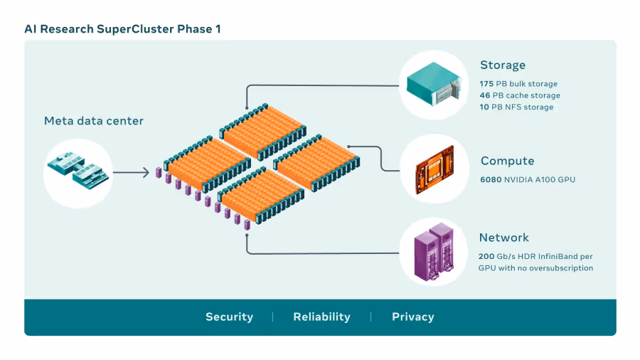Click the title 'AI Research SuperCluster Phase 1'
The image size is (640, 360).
tap(122, 29)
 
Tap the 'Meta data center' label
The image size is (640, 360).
tap(94, 121)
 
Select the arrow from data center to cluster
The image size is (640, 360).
tap(132, 173)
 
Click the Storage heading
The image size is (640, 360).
tap(503, 65)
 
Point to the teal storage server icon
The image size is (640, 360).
tap(434, 84)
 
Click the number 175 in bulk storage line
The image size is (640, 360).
tap(486, 84)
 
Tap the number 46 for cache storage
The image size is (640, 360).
tap(485, 95)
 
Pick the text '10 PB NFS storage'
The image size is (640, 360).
tap(517, 107)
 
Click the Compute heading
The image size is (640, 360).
tap(507, 161)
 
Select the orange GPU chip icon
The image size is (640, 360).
tap(434, 169)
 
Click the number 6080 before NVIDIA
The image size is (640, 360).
tap(491, 179)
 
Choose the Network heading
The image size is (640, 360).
tap(504, 238)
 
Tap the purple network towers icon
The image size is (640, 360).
tap(434, 252)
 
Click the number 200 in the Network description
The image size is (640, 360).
tap(486, 256)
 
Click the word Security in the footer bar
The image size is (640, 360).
tap(230, 317)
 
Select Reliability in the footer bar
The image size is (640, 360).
tap(321, 317)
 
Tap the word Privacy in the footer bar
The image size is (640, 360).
tap(413, 317)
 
